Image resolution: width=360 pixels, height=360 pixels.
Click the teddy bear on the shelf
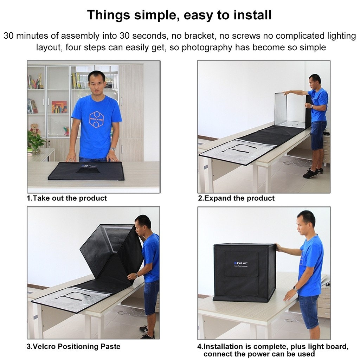(34, 129)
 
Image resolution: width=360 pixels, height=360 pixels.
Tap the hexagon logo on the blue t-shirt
(96, 119)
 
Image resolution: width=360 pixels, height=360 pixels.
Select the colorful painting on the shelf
(59, 107)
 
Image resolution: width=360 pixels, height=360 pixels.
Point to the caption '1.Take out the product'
(67, 198)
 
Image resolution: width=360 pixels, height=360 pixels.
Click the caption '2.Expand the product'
(236, 198)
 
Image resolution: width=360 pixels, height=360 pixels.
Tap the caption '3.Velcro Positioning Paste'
(73, 346)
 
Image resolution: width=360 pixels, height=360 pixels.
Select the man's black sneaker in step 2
(310, 173)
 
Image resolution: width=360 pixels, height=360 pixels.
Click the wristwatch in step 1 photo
(112, 149)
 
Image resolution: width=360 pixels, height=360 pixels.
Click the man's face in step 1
(96, 82)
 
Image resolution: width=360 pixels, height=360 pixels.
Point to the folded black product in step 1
(86, 171)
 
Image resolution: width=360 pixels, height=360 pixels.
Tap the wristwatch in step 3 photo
(136, 275)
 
